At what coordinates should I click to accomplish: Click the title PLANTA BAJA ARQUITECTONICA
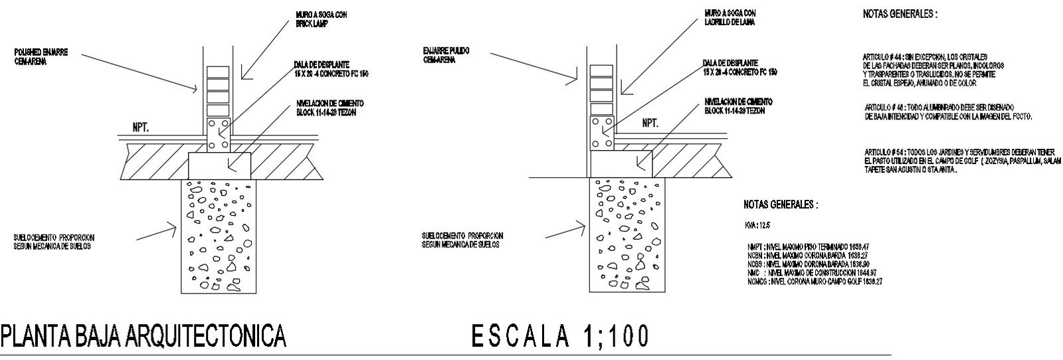coord(144,337)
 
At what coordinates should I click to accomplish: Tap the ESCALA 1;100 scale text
coord(560,337)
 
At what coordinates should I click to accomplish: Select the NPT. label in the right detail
coord(650,124)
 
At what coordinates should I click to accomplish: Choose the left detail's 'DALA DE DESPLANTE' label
coord(331,68)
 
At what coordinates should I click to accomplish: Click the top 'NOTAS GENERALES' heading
coord(900,13)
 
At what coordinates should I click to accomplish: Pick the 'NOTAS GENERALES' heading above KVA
coord(781,205)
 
